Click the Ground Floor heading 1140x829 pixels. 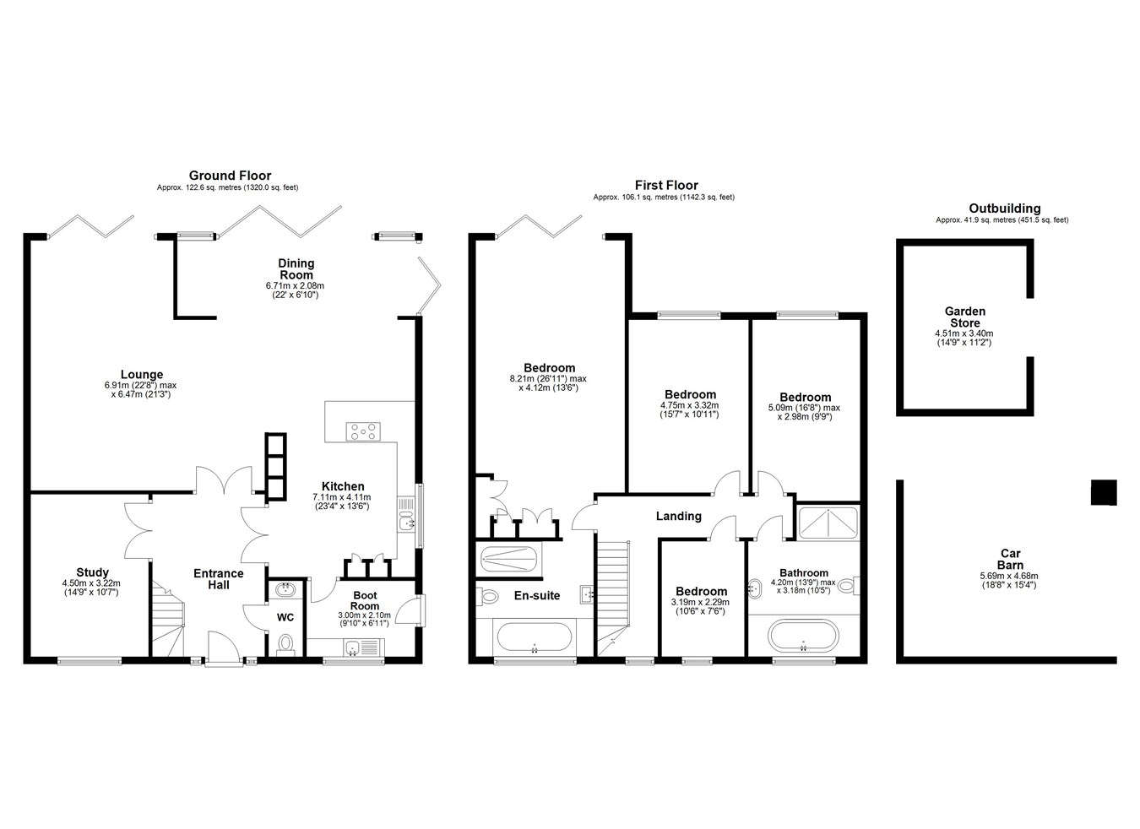point(230,176)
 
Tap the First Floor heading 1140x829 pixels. point(666,185)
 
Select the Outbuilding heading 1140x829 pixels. point(1005,209)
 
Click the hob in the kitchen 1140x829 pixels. point(363,431)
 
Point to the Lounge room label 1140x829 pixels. point(142,375)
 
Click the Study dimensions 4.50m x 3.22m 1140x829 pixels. point(91,583)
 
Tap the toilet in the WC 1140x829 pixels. point(285,644)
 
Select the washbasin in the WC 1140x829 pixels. point(285,590)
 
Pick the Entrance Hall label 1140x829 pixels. point(219,579)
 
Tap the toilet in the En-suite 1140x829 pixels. point(487,595)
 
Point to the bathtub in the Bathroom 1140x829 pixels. point(804,636)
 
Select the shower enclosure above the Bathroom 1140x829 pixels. point(828,523)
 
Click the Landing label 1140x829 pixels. point(678,516)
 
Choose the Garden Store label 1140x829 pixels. point(965,317)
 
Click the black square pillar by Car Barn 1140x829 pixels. point(1104,493)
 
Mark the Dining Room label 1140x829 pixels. point(296,269)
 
